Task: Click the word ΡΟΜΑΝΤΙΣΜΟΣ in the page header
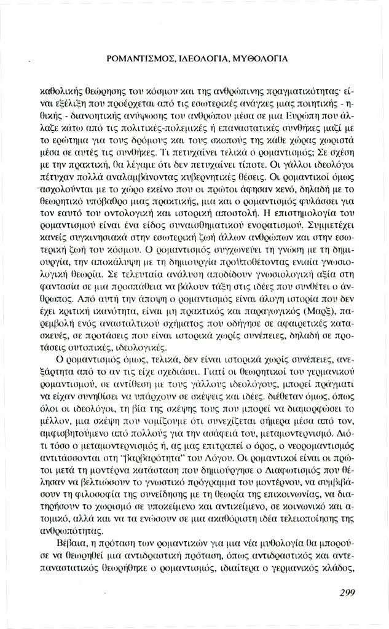click(141, 60)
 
